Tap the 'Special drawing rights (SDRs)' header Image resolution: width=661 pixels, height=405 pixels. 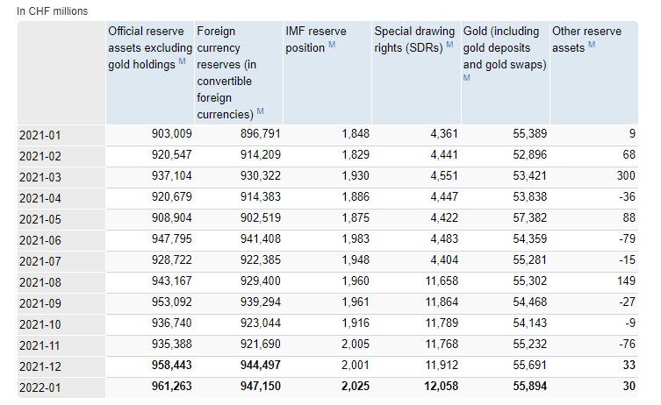pyautogui.click(x=413, y=39)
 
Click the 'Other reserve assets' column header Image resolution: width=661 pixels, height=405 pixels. pyautogui.click(x=586, y=39)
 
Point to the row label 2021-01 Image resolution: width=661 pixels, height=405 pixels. pyautogui.click(x=40, y=134)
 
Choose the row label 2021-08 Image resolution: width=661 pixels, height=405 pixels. pyautogui.click(x=40, y=281)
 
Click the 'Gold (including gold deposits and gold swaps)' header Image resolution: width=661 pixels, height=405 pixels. pyautogui.click(x=505, y=48)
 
